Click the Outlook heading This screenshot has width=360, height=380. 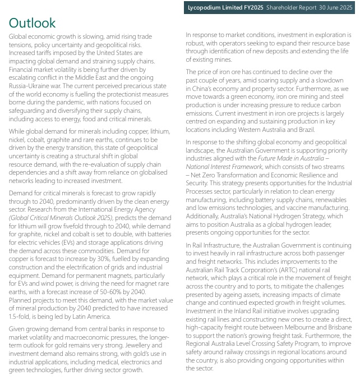[x=33, y=23]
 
